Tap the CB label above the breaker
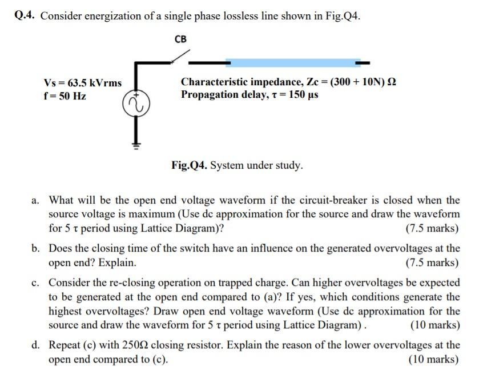coord(180,39)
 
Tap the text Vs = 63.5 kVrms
coord(83,83)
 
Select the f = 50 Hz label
coord(65,96)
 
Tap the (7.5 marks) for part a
coord(432,229)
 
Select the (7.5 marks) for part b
coord(432,262)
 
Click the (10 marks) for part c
coord(434,325)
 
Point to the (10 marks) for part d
coord(434,359)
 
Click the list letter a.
coord(35,200)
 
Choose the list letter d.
coord(35,345)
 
